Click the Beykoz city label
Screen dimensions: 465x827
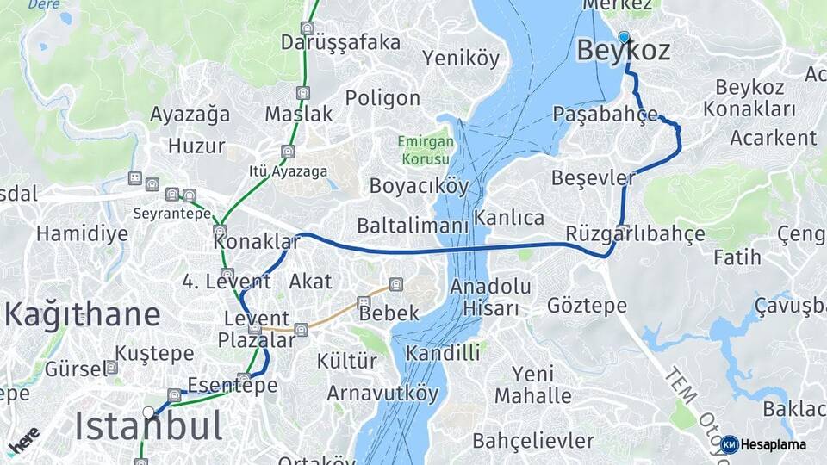coord(623,52)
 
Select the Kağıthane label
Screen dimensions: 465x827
coord(83,315)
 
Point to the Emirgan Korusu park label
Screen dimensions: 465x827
coord(423,151)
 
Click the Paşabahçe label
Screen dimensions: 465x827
coord(605,115)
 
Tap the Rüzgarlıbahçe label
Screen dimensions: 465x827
coord(635,234)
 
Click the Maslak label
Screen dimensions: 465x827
coord(298,115)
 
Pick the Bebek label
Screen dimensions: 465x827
coord(389,313)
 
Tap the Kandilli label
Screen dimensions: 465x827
coord(443,352)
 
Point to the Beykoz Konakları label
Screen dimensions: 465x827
coord(749,98)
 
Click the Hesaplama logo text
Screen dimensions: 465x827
coord(773,444)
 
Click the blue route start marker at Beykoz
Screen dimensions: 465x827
coord(624,37)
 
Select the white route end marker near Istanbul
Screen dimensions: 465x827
coord(149,412)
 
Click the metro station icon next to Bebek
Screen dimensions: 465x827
coord(364,302)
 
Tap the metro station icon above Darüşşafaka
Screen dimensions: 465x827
coord(308,28)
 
